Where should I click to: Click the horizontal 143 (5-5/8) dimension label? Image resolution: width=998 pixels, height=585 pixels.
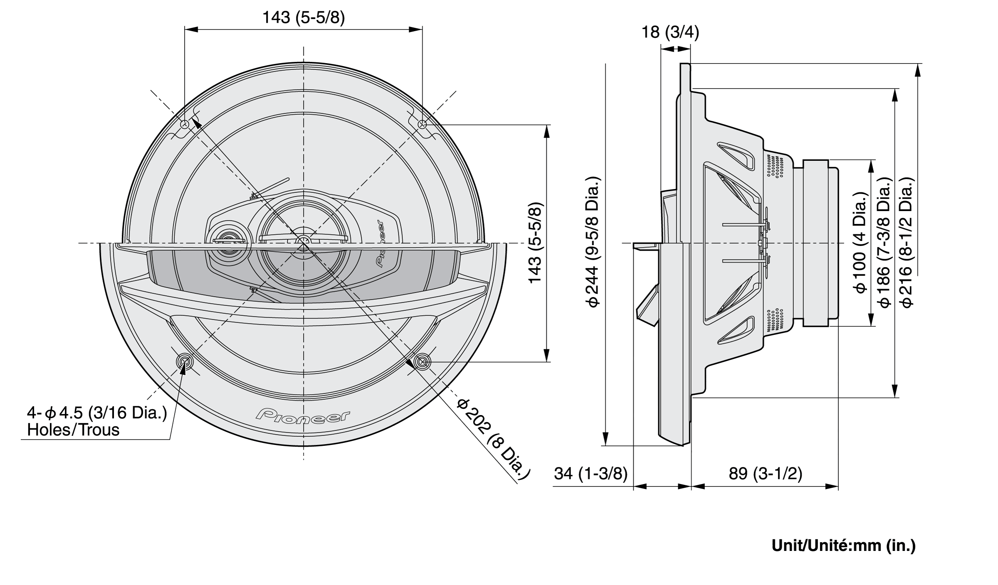pyautogui.click(x=304, y=18)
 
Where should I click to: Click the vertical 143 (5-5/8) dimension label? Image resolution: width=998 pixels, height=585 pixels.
pyautogui.click(x=535, y=243)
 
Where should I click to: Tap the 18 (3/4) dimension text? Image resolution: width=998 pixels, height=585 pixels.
pyautogui.click(x=670, y=32)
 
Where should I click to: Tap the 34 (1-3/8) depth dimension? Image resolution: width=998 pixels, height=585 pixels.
pyautogui.click(x=590, y=473)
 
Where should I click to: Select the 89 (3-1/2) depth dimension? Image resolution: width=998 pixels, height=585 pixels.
pyautogui.click(x=765, y=473)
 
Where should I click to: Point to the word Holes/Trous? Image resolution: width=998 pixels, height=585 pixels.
pyautogui.click(x=73, y=430)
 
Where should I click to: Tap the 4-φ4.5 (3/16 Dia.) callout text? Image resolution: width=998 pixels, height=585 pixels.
pyautogui.click(x=97, y=413)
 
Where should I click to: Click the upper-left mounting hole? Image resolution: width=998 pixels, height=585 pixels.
pyautogui.click(x=185, y=124)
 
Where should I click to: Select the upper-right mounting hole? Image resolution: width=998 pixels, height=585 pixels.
pyautogui.click(x=422, y=124)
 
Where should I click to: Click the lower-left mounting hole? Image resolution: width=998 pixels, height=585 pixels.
pyautogui.click(x=184, y=362)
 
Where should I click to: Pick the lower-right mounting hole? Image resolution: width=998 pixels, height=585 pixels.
pyautogui.click(x=422, y=362)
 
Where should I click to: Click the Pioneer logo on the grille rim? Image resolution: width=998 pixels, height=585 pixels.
pyautogui.click(x=303, y=415)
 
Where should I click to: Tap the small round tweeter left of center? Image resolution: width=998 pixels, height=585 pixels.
pyautogui.click(x=227, y=242)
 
